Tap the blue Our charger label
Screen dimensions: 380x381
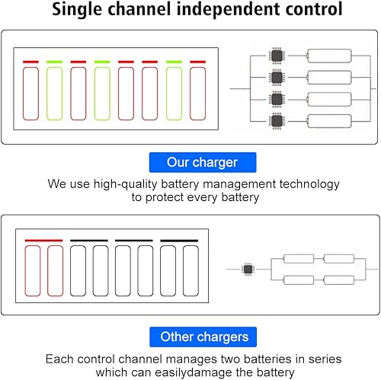coord(203,162)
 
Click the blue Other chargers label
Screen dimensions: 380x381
coord(203,337)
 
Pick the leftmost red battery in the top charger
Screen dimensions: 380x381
coord(31,94)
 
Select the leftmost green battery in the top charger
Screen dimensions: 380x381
coord(55,94)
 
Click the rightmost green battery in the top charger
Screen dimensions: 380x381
coord(174,94)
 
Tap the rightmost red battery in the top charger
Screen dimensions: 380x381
coord(198,94)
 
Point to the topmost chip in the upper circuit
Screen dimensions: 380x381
coord(276,56)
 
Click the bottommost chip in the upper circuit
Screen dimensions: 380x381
coord(276,121)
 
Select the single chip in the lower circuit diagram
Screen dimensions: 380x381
coord(247,270)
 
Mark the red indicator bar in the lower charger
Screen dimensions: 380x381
coord(43,241)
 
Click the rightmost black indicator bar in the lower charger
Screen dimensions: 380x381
coord(179,241)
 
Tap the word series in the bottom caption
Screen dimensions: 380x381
coord(324,359)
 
